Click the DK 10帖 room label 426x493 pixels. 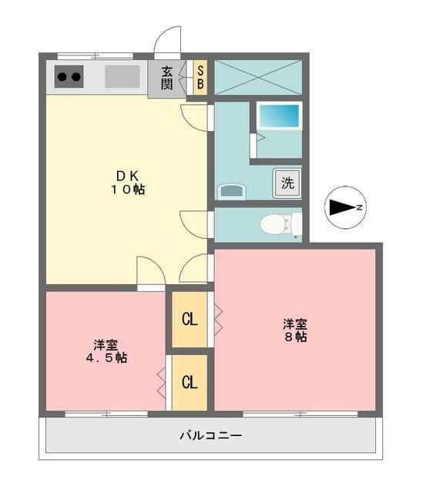[x=128, y=183]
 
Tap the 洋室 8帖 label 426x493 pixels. [x=294, y=330]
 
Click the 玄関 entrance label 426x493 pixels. [x=167, y=77]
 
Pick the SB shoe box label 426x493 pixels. [x=200, y=77]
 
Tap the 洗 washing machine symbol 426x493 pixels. [x=287, y=183]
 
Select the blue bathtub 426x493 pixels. [x=278, y=116]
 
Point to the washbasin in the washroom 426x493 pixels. [x=231, y=191]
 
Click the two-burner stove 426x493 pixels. [x=68, y=76]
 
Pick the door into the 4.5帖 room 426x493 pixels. [x=150, y=271]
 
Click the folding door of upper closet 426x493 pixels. [x=218, y=319]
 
